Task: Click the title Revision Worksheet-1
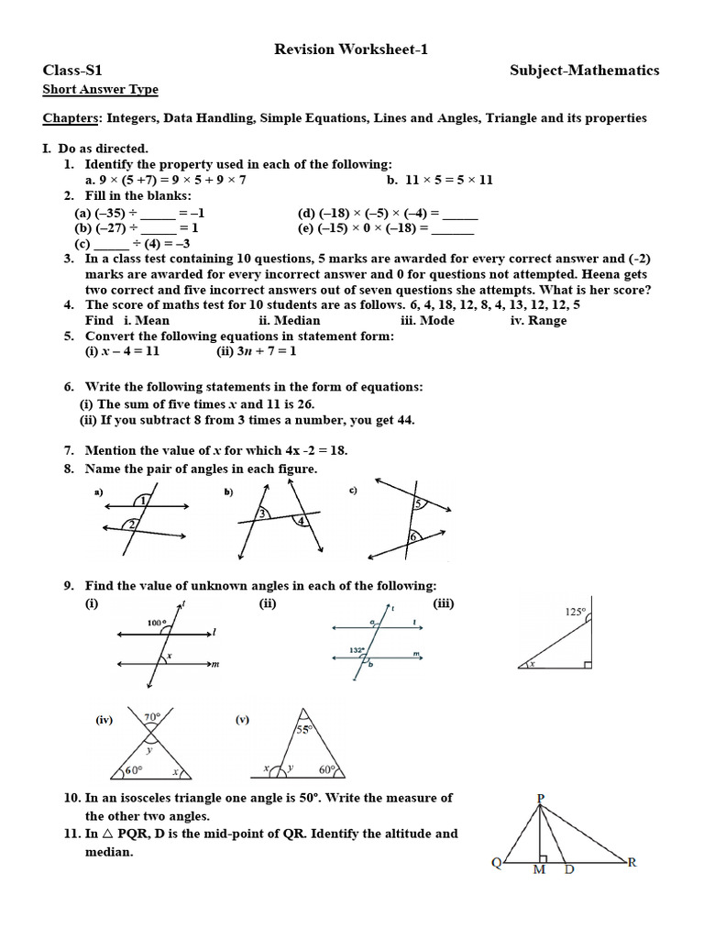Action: [x=352, y=50]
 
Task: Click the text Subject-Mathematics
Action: [x=584, y=71]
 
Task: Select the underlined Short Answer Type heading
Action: [x=101, y=90]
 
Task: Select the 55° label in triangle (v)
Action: [x=303, y=730]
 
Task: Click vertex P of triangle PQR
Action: [x=541, y=798]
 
